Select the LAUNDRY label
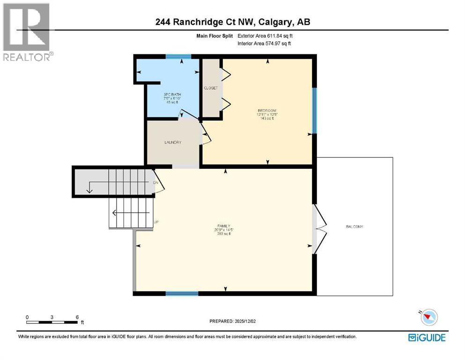point(172,142)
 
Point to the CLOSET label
point(210,88)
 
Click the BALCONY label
point(354,226)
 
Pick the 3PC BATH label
point(172,95)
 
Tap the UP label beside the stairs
point(156,222)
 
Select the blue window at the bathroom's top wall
point(178,57)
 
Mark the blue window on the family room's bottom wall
point(182,294)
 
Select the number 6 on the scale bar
point(77,317)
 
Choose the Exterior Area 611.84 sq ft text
point(265,36)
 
